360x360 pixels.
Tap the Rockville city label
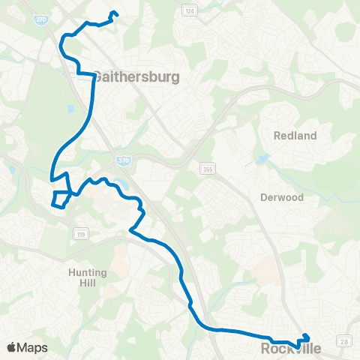click(295, 349)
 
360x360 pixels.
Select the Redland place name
click(295, 136)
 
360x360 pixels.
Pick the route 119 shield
click(79, 235)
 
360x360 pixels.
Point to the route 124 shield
click(189, 10)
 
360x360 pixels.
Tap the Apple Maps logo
click(27, 347)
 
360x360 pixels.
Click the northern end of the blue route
click(114, 12)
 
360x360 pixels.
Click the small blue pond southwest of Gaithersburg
click(71, 108)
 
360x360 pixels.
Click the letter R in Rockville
click(267, 349)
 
